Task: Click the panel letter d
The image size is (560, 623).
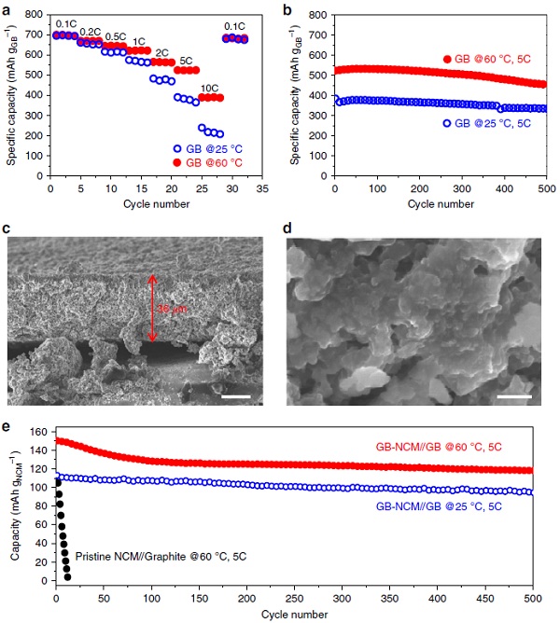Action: point(287,228)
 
